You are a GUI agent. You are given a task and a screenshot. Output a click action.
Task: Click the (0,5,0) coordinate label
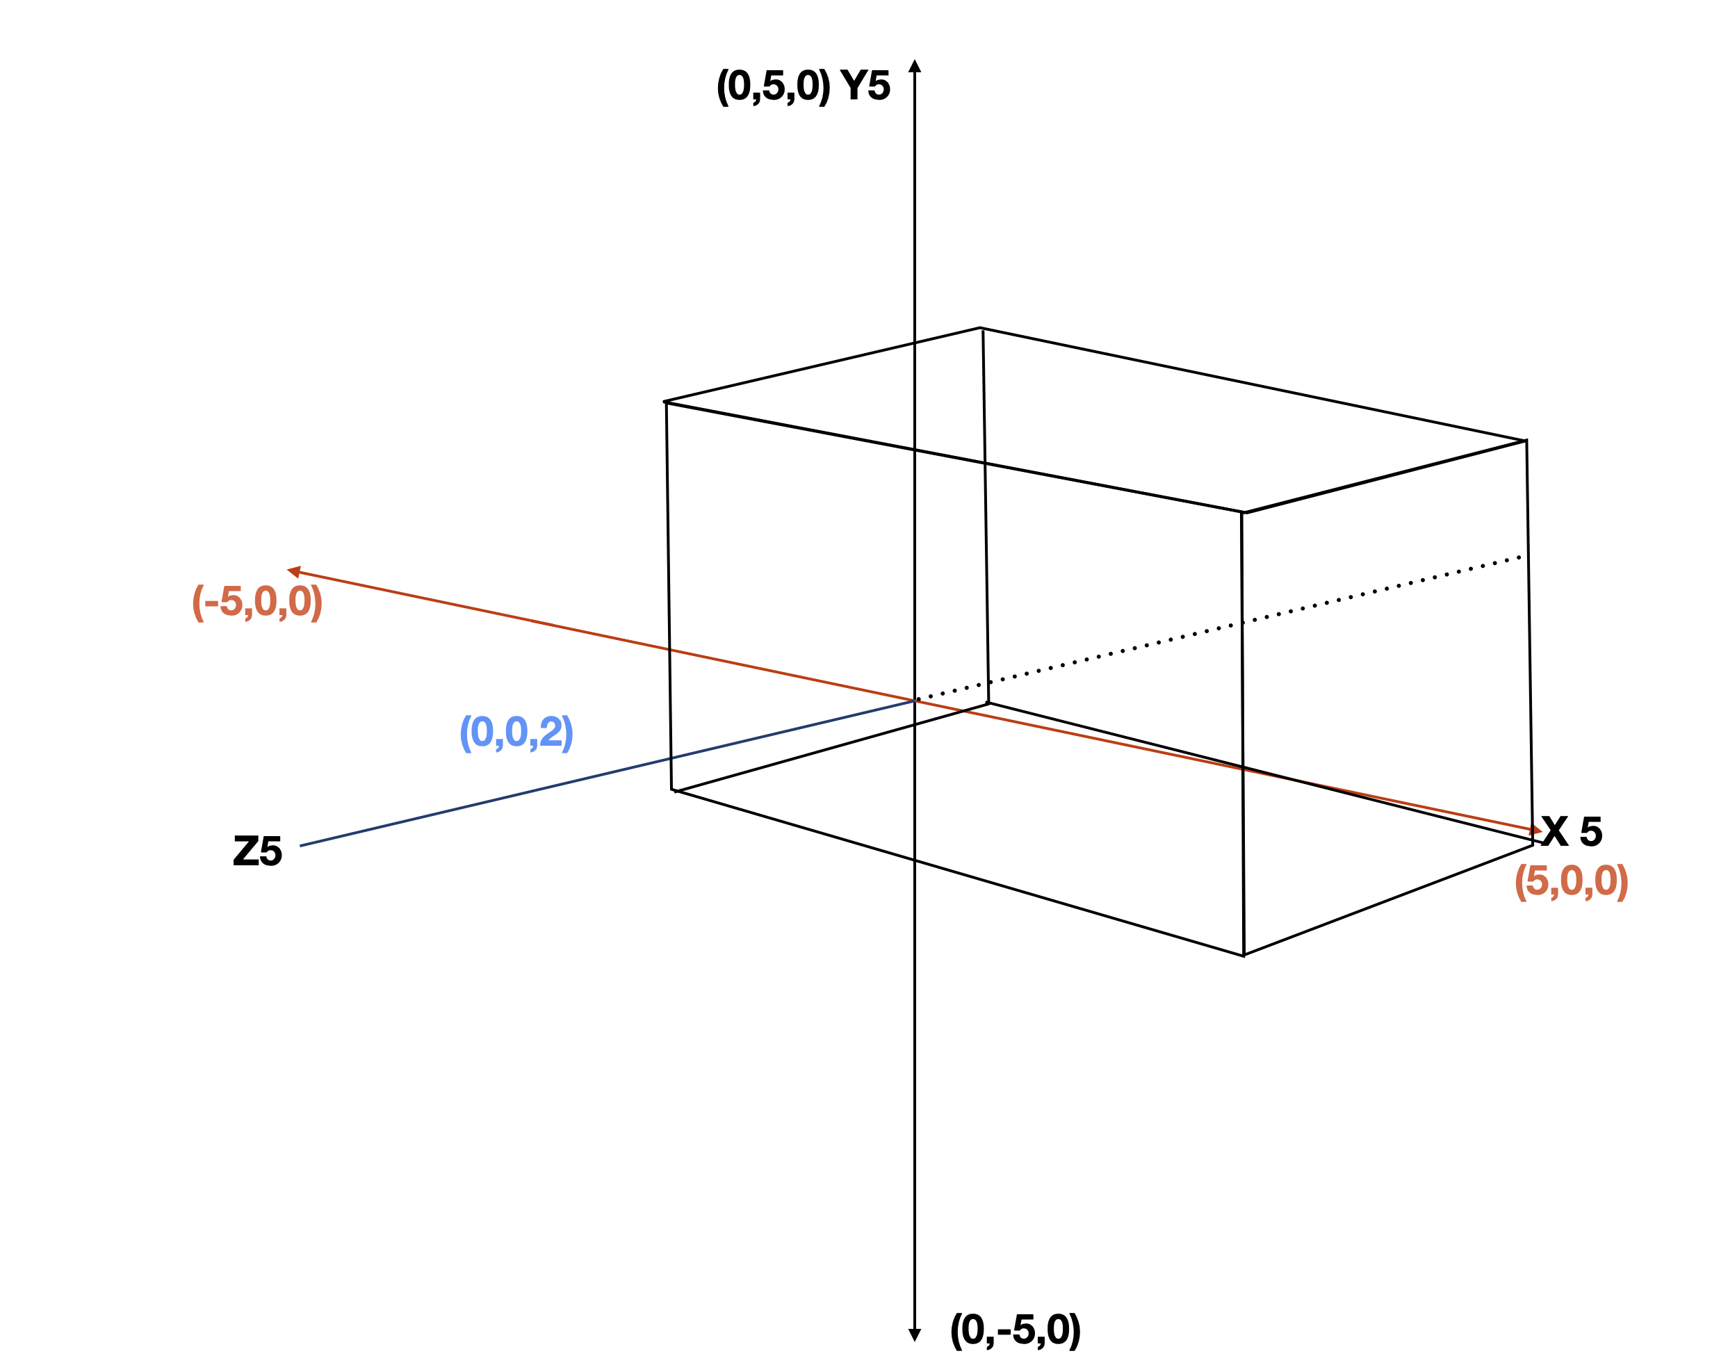772,86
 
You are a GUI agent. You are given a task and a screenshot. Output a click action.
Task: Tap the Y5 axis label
865,85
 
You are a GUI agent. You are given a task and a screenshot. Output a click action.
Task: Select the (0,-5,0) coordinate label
1015,1330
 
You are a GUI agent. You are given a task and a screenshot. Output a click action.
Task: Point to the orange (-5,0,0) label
256,602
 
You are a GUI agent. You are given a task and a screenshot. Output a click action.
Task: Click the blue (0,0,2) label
516,732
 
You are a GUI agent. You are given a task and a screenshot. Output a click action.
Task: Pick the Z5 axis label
257,851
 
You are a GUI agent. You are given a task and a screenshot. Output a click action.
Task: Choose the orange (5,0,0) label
1570,881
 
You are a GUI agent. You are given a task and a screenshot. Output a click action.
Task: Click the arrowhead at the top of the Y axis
915,65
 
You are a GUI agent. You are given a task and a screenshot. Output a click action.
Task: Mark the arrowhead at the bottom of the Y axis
915,1334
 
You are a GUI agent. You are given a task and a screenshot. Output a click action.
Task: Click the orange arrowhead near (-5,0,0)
294,571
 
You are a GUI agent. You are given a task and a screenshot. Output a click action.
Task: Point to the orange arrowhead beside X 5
1534,831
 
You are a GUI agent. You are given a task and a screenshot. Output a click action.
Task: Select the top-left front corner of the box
666,402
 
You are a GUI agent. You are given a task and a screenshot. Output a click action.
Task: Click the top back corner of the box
981,327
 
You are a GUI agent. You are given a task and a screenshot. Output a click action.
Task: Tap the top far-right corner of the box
1526,441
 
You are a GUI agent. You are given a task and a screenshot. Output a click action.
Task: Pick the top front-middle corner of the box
1243,512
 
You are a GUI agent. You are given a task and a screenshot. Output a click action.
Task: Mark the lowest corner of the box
1244,955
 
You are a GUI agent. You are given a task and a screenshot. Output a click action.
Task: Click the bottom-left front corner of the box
673,790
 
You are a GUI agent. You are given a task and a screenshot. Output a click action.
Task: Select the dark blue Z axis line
560,783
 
